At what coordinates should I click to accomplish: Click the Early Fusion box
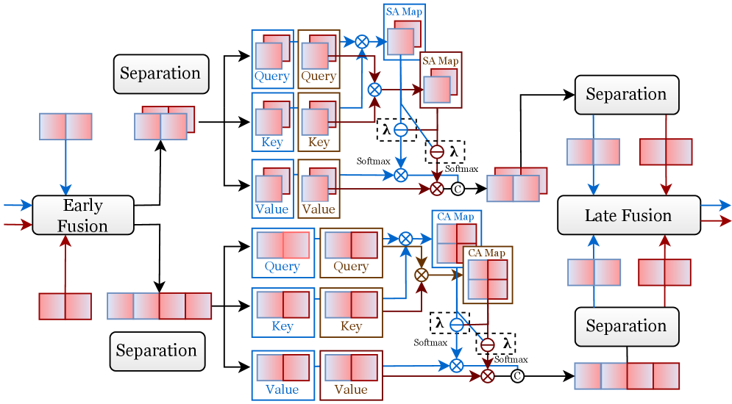[82, 215]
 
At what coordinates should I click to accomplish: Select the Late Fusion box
[628, 215]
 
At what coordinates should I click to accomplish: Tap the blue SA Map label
[403, 12]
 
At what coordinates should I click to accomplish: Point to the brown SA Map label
[440, 60]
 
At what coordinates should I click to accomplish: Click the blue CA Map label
[455, 217]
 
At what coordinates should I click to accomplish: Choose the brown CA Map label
[487, 253]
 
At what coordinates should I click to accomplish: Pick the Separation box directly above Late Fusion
[625, 94]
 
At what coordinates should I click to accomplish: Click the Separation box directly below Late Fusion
[625, 326]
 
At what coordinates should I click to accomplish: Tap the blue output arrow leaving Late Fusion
[715, 206]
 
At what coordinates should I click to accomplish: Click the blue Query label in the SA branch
[272, 76]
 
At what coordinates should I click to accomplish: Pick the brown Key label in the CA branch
[351, 326]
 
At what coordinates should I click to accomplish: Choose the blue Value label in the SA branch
[272, 209]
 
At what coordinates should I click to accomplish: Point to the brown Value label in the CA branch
[351, 389]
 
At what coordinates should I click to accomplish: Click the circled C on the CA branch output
[517, 376]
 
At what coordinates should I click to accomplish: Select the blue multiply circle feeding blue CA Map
[405, 238]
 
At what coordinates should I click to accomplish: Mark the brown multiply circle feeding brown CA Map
[422, 275]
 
